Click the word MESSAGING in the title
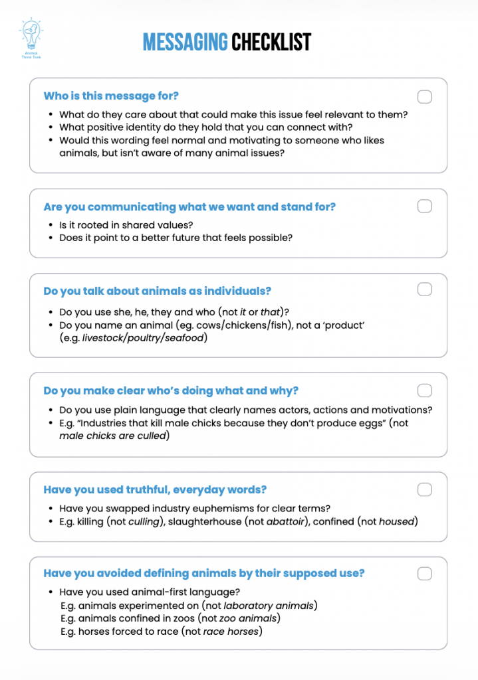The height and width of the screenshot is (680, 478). pos(185,42)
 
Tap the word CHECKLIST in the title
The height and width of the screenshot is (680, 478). pos(271,42)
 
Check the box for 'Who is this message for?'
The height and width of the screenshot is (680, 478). pos(424,97)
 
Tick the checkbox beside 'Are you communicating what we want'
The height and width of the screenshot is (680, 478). pos(424,207)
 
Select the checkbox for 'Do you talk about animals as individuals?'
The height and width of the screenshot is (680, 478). pos(424,290)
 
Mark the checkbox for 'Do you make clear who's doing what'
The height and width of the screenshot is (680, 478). pos(424,390)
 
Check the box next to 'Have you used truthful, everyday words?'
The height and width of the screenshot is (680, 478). pos(424,490)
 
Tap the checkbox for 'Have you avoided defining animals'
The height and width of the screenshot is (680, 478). pos(424,574)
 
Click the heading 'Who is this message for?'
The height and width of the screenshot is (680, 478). pos(111,96)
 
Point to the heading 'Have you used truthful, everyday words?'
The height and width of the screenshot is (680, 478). pos(155,490)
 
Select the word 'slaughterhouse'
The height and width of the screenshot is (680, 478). pos(205,521)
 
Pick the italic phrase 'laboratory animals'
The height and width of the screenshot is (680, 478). pos(269,606)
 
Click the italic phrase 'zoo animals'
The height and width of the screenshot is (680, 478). pos(247,618)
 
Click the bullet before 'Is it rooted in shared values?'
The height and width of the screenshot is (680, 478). pos(51,225)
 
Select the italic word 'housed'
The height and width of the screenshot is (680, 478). pos(397,521)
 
